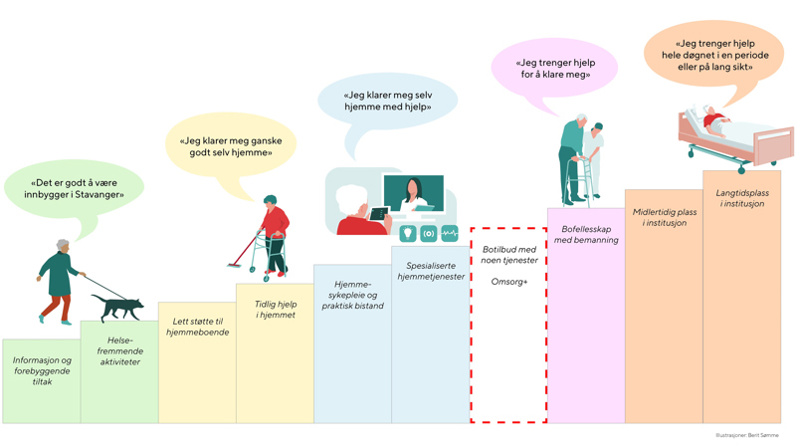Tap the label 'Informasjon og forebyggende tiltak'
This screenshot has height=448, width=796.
click(x=42, y=370)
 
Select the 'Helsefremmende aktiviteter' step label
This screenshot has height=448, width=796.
click(x=119, y=350)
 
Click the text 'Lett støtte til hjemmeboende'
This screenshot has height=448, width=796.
click(x=197, y=326)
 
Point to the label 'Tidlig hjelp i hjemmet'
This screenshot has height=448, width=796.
click(x=275, y=309)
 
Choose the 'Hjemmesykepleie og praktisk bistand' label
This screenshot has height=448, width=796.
click(x=352, y=295)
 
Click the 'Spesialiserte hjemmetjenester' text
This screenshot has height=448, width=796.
click(x=431, y=271)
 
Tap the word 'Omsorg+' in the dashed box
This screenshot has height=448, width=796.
click(x=508, y=282)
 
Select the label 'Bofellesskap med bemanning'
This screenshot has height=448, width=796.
click(x=586, y=234)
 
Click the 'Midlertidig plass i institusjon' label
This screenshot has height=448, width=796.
click(x=664, y=217)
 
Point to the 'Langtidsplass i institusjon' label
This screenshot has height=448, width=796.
click(x=741, y=198)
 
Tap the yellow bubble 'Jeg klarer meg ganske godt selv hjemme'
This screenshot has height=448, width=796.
click(x=231, y=146)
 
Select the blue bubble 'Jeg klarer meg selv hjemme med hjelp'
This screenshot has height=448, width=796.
click(x=388, y=101)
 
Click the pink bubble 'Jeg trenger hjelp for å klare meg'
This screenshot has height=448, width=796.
click(x=554, y=68)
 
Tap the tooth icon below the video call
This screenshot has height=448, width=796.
click(x=407, y=233)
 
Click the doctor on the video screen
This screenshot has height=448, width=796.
click(x=413, y=195)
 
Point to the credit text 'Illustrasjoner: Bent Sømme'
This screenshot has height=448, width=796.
click(x=746, y=436)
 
